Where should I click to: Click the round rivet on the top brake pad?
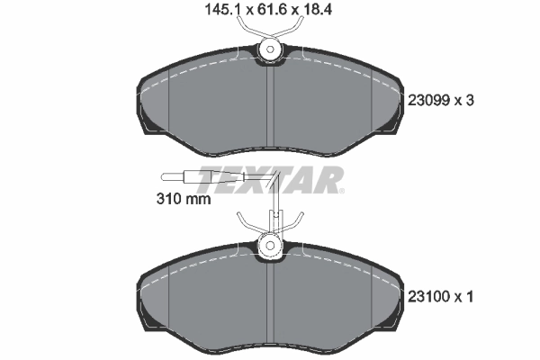point(269,52)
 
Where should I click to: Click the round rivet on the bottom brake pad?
point(269,244)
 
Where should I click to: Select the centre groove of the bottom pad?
point(270,301)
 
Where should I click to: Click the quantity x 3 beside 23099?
point(463,101)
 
